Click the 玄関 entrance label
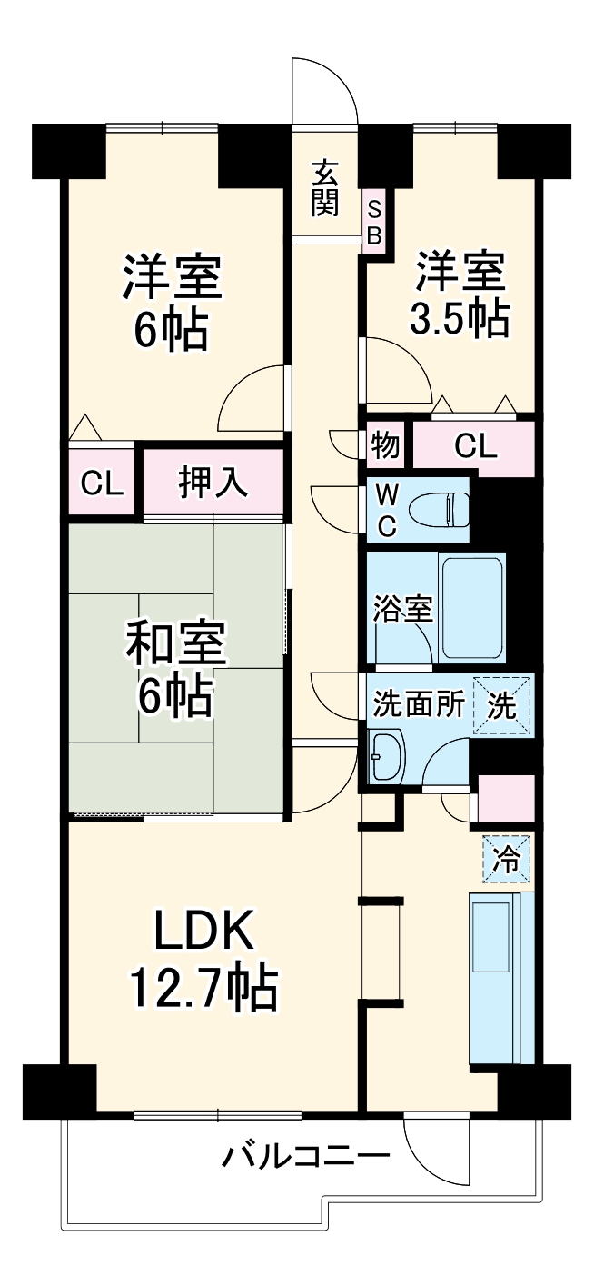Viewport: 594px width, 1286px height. pyautogui.click(x=324, y=188)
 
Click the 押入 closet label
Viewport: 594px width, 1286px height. pyautogui.click(x=213, y=482)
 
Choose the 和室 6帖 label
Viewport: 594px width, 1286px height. pyautogui.click(x=173, y=668)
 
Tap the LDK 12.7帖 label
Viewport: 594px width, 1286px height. pyautogui.click(x=202, y=961)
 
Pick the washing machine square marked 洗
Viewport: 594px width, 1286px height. pyautogui.click(x=501, y=704)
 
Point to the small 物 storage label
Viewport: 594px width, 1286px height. pyautogui.click(x=385, y=446)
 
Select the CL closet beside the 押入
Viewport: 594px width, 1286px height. pyautogui.click(x=101, y=483)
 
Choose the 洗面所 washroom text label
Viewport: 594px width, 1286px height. pyautogui.click(x=420, y=705)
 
